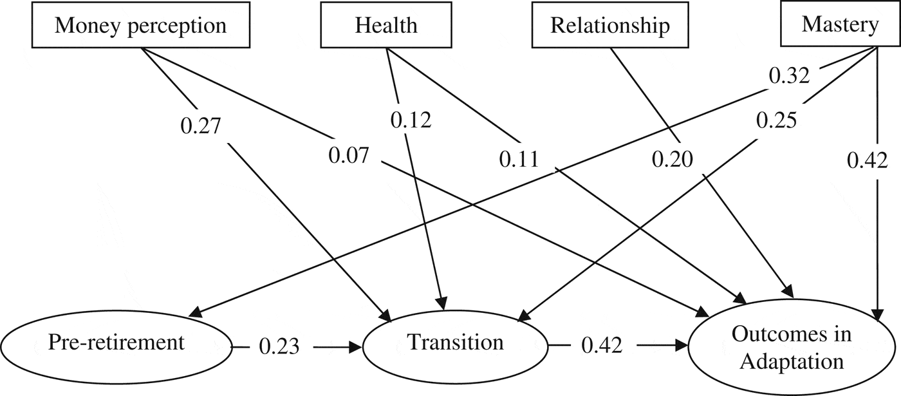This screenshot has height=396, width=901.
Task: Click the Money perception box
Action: (140, 26)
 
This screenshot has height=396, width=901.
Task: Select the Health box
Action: (386, 26)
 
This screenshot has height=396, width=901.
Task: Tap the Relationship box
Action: (609, 26)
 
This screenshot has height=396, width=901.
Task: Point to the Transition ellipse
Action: (455, 342)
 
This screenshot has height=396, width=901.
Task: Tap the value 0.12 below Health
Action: (411, 120)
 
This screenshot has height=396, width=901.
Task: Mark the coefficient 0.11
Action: (519, 158)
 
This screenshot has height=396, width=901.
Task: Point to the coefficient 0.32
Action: (789, 77)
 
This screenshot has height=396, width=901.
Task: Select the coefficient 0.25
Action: (776, 120)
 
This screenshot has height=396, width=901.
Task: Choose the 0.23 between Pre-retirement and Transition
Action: (279, 346)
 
